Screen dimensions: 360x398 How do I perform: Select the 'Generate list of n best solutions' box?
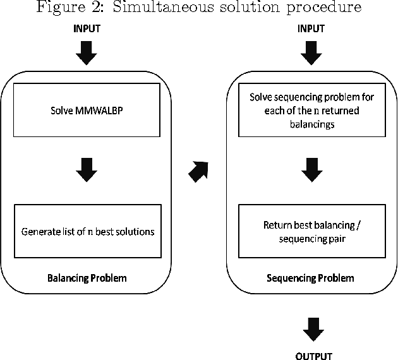click(88, 231)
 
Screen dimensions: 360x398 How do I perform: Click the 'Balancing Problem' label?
click(87, 277)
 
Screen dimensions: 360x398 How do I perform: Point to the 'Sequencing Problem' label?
click(310, 277)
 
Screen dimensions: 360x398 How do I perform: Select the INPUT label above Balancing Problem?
click(87, 29)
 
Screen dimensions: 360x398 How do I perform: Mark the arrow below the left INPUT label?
click(87, 54)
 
